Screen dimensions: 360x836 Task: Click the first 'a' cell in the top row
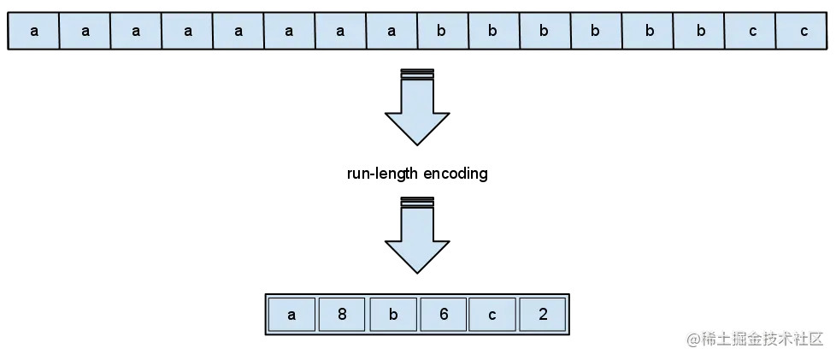[34, 32]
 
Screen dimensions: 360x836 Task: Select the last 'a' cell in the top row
[392, 32]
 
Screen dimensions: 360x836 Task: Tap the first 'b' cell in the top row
[442, 32]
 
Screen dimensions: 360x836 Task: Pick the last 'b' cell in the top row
[698, 32]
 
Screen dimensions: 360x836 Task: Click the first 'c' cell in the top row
[752, 32]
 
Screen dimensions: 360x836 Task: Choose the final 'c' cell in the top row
[804, 32]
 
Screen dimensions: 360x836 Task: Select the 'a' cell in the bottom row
[291, 315]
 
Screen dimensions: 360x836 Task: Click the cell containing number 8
[342, 315]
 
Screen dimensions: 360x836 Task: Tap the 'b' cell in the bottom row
[393, 315]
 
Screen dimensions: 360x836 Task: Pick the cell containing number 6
[444, 315]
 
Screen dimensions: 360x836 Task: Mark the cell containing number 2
[544, 315]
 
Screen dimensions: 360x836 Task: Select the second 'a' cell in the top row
[85, 32]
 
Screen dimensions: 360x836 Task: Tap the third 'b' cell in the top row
[545, 32]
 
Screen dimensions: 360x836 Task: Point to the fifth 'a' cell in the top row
[238, 32]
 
